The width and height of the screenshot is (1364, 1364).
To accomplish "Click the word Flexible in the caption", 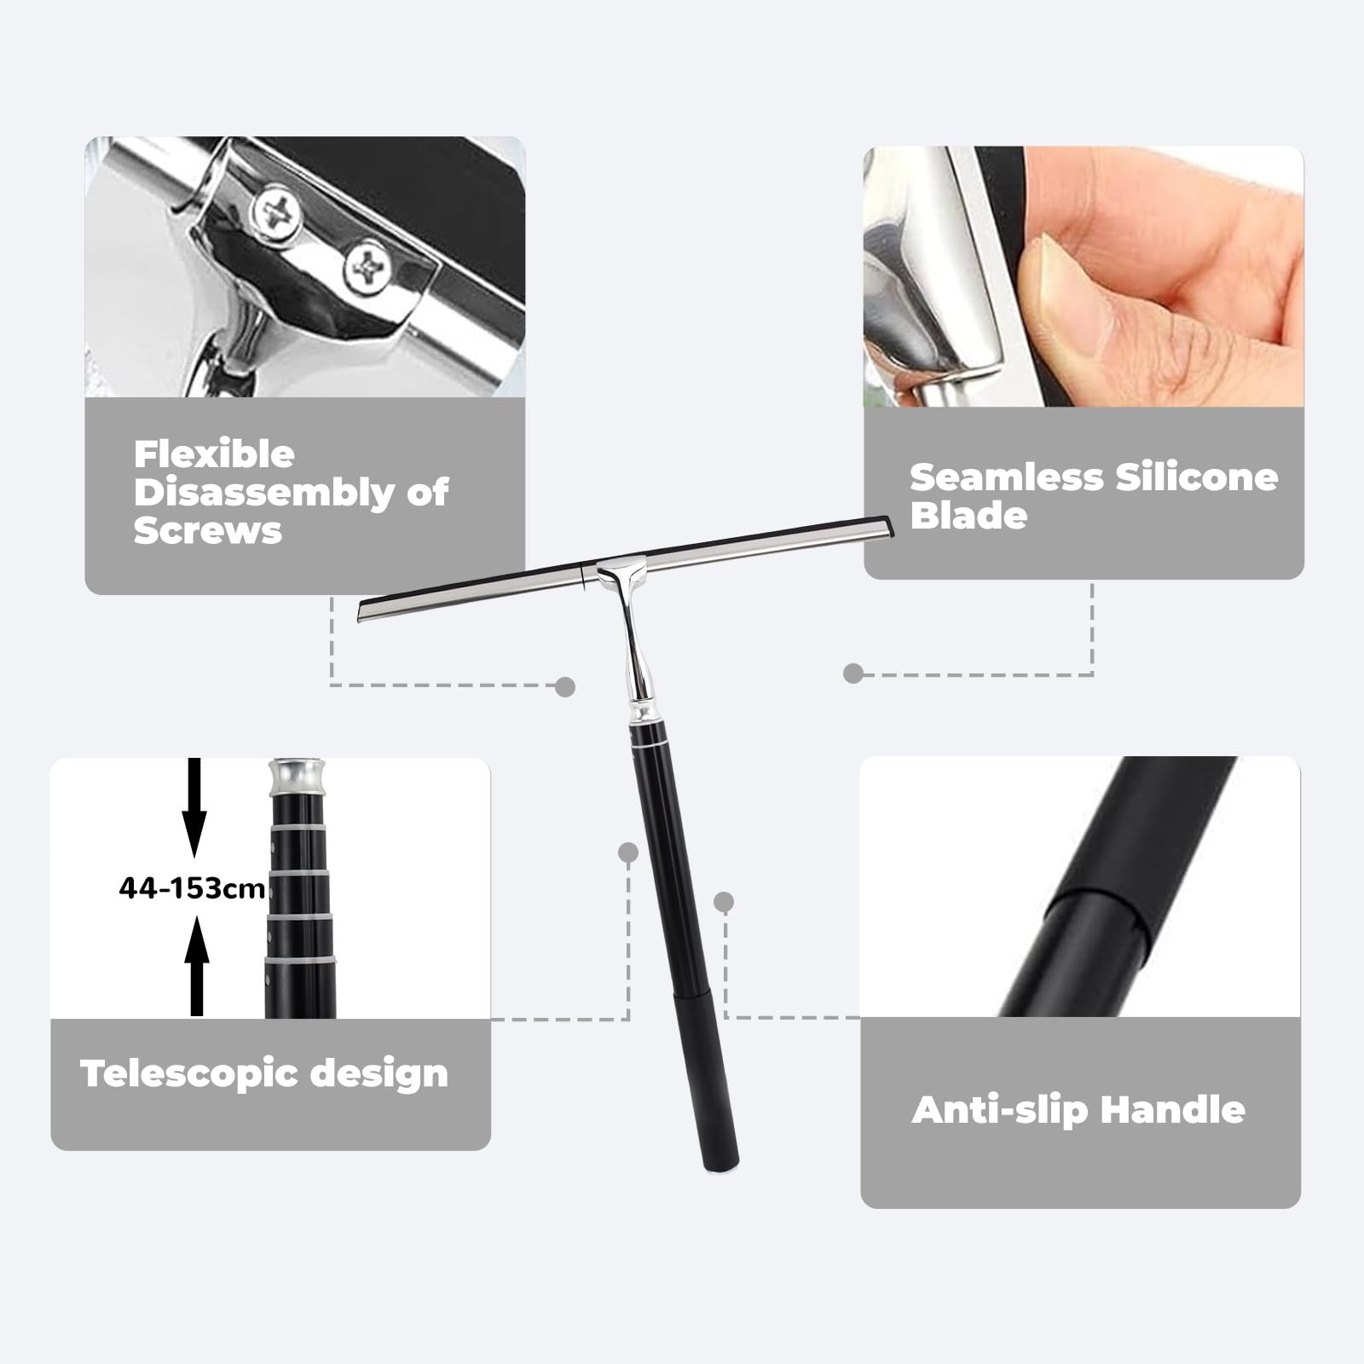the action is [x=214, y=454].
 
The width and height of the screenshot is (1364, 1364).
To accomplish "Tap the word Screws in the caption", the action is [x=207, y=530].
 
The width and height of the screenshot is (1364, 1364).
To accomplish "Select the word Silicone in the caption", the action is [x=1197, y=477].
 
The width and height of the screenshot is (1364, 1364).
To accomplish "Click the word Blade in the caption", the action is [x=968, y=516].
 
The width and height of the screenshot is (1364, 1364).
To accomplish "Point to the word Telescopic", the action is [x=188, y=1074].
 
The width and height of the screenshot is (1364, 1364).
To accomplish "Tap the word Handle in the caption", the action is [x=1172, y=1110].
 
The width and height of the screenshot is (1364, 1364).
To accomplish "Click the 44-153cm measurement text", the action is [x=193, y=888].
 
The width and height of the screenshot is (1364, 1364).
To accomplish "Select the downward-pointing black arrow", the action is [x=194, y=806].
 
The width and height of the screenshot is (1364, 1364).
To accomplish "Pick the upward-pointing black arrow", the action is [x=197, y=966].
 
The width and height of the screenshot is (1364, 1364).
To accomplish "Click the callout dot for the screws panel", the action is [x=565, y=686].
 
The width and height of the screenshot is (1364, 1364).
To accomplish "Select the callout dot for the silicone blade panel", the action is [x=852, y=673].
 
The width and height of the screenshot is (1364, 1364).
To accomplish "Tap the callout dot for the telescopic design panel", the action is [x=628, y=852].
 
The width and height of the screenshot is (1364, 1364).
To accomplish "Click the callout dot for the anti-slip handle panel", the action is [x=724, y=902].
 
